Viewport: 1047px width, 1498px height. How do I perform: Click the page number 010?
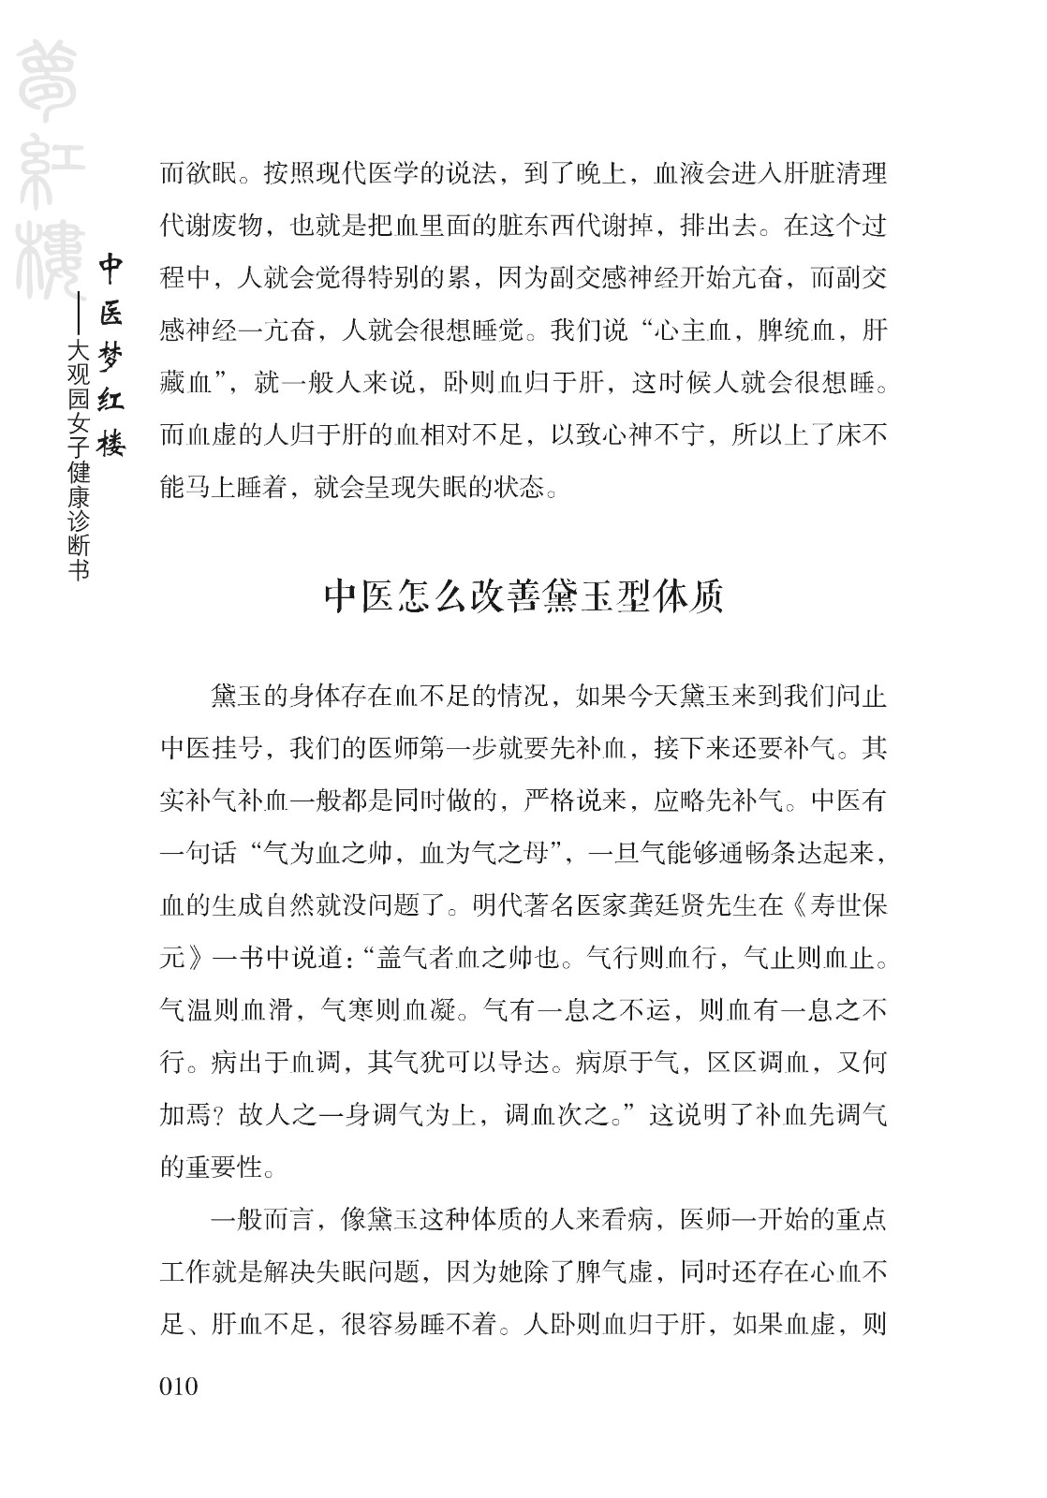coord(179,1385)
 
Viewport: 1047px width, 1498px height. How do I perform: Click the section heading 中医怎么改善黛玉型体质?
coord(523,595)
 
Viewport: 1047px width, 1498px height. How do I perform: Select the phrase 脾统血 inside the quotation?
coord(782,330)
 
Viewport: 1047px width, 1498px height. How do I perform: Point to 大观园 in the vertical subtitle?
coord(81,374)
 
